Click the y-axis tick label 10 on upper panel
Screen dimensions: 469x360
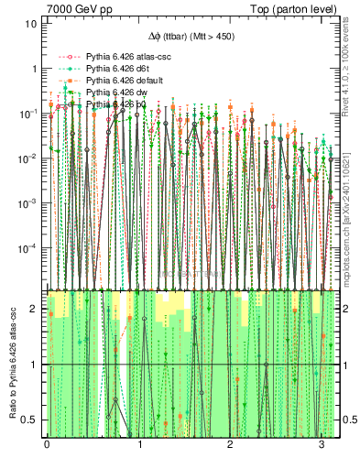(x=29, y=24)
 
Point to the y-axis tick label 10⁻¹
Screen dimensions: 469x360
(x=27, y=114)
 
